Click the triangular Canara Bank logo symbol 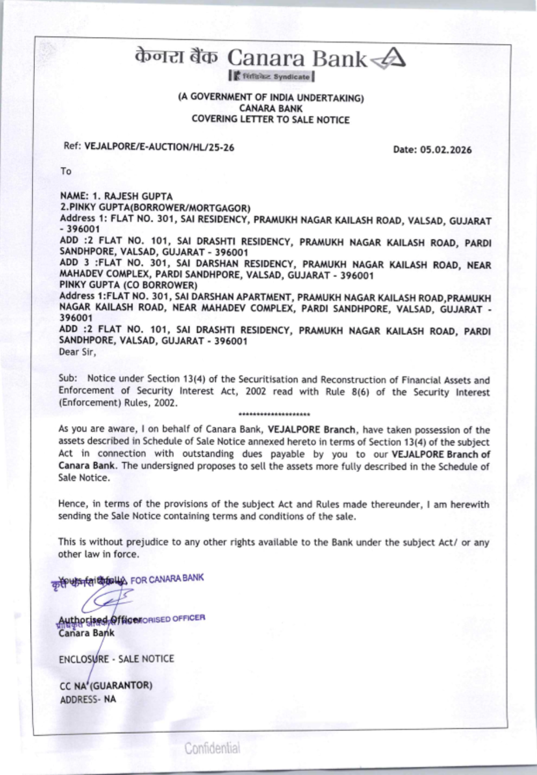coord(388,58)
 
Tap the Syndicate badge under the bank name coord(271,76)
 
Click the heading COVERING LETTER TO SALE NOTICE coord(271,120)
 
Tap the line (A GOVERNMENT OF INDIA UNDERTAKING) coord(271,98)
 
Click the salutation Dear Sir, coord(77,353)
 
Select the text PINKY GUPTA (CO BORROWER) coord(128,285)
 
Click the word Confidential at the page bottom coord(213,748)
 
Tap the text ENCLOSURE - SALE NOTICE coord(117,659)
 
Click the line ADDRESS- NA coord(88,699)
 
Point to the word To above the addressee coord(66,171)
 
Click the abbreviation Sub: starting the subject coord(69,379)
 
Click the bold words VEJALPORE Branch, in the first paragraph coord(311,430)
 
